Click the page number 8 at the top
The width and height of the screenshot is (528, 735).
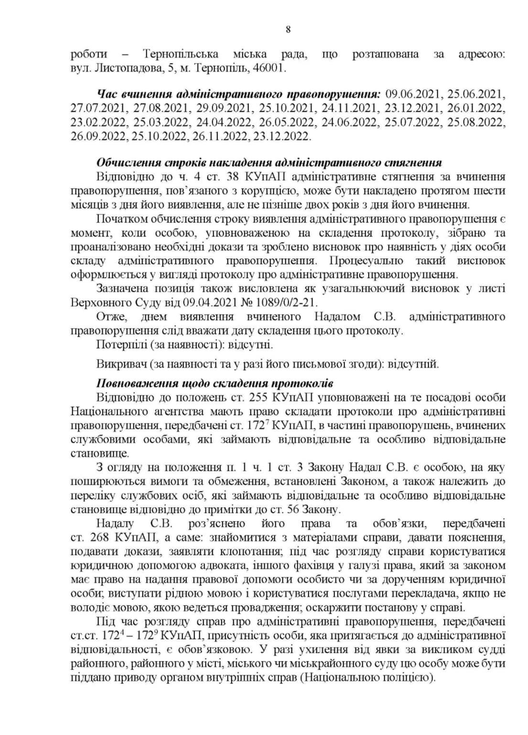288,30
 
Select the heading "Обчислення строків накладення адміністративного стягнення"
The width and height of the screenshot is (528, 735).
269,162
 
